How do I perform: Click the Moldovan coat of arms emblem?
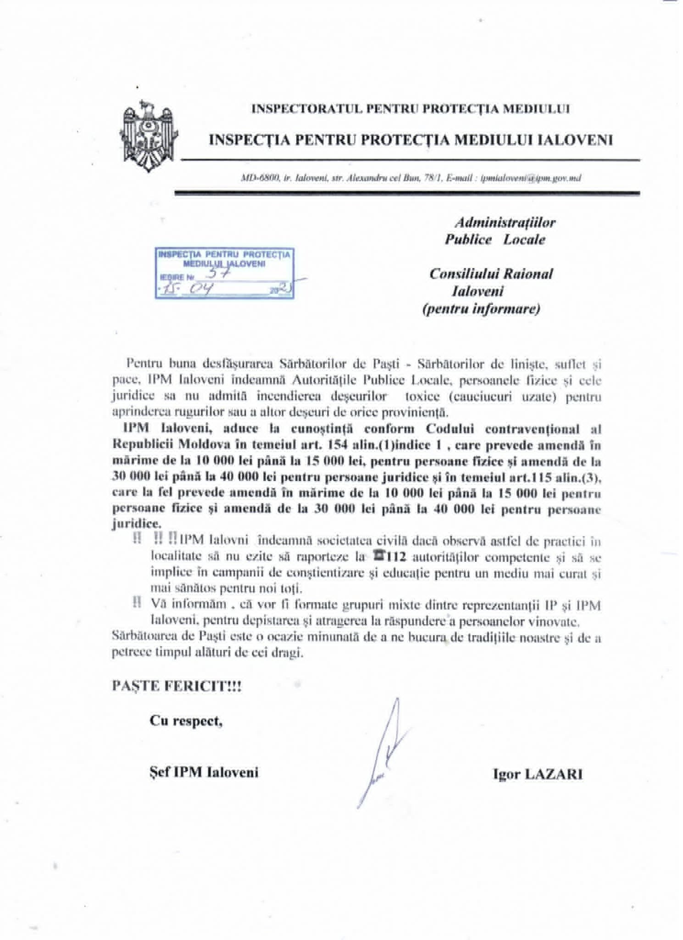coord(148,136)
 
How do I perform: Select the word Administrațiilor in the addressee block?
coord(505,223)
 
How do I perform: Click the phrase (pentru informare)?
coord(481,309)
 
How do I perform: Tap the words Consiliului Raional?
coord(491,274)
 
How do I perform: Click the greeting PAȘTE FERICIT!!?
coord(177,686)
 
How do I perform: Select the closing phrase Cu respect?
coord(186,721)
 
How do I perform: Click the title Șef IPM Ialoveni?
coord(204,772)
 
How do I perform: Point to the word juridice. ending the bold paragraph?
coord(136,524)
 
